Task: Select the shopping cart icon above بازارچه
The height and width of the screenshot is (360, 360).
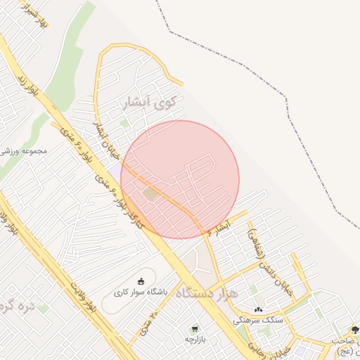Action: pyautogui.click(x=194, y=328)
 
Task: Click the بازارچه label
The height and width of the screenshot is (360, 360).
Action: pyautogui.click(x=195, y=338)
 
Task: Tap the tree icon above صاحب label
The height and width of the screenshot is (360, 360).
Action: pyautogui.click(x=354, y=330)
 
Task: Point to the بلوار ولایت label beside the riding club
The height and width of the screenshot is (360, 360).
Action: pyautogui.click(x=82, y=294)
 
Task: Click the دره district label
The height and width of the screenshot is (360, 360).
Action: pyautogui.click(x=18, y=307)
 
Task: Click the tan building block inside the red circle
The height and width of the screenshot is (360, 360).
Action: pyautogui.click(x=149, y=193)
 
